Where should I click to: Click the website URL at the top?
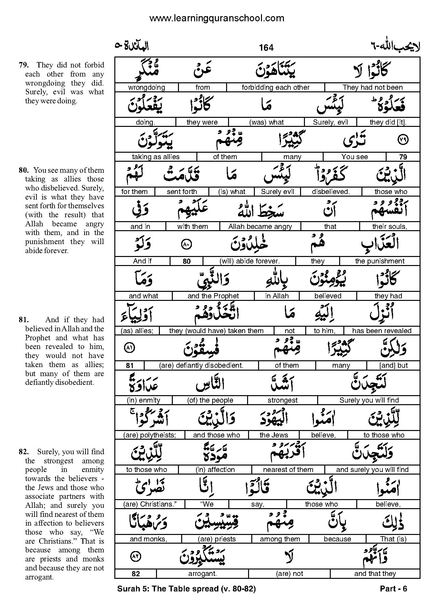tap(217, 18)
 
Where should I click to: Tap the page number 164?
tap(266, 48)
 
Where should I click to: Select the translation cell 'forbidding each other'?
tap(276, 87)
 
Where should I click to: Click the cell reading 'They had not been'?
tap(372, 87)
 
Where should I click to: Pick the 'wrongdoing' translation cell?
tap(147, 87)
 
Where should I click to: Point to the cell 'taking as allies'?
tap(156, 157)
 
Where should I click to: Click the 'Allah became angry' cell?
tap(260, 227)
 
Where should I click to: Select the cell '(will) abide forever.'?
tap(249, 261)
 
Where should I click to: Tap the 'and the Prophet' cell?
tap(213, 296)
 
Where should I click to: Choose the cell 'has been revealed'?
tap(382, 331)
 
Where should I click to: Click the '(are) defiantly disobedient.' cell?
tap(201, 365)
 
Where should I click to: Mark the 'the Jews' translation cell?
tap(274, 435)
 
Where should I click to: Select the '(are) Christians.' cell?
tap(150, 504)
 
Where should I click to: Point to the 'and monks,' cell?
tap(148, 539)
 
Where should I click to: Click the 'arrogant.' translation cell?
tap(203, 574)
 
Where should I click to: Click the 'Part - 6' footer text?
tap(393, 589)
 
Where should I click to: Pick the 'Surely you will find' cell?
tap(369, 400)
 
